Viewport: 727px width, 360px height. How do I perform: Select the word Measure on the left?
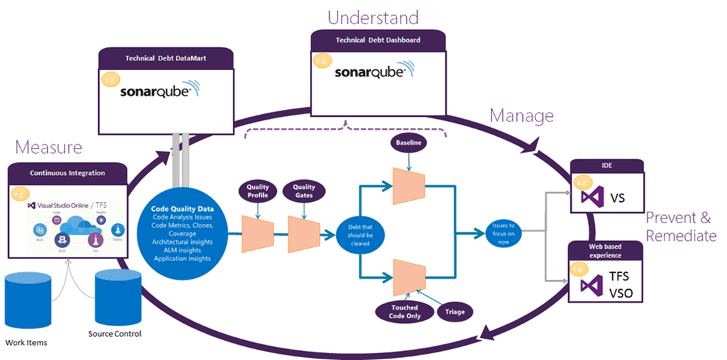click(x=49, y=147)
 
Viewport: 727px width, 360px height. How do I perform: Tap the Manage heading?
click(x=522, y=115)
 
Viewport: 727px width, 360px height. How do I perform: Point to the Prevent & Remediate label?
click(x=680, y=226)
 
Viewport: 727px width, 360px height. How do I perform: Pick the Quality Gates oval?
click(x=304, y=191)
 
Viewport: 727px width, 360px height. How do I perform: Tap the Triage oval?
click(x=454, y=311)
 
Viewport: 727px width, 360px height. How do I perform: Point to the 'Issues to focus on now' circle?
click(x=504, y=234)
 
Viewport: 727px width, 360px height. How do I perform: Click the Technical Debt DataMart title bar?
click(x=166, y=58)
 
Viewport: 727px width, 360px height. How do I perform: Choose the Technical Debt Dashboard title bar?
click(x=378, y=40)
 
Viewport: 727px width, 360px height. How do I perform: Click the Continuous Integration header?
click(x=68, y=172)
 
